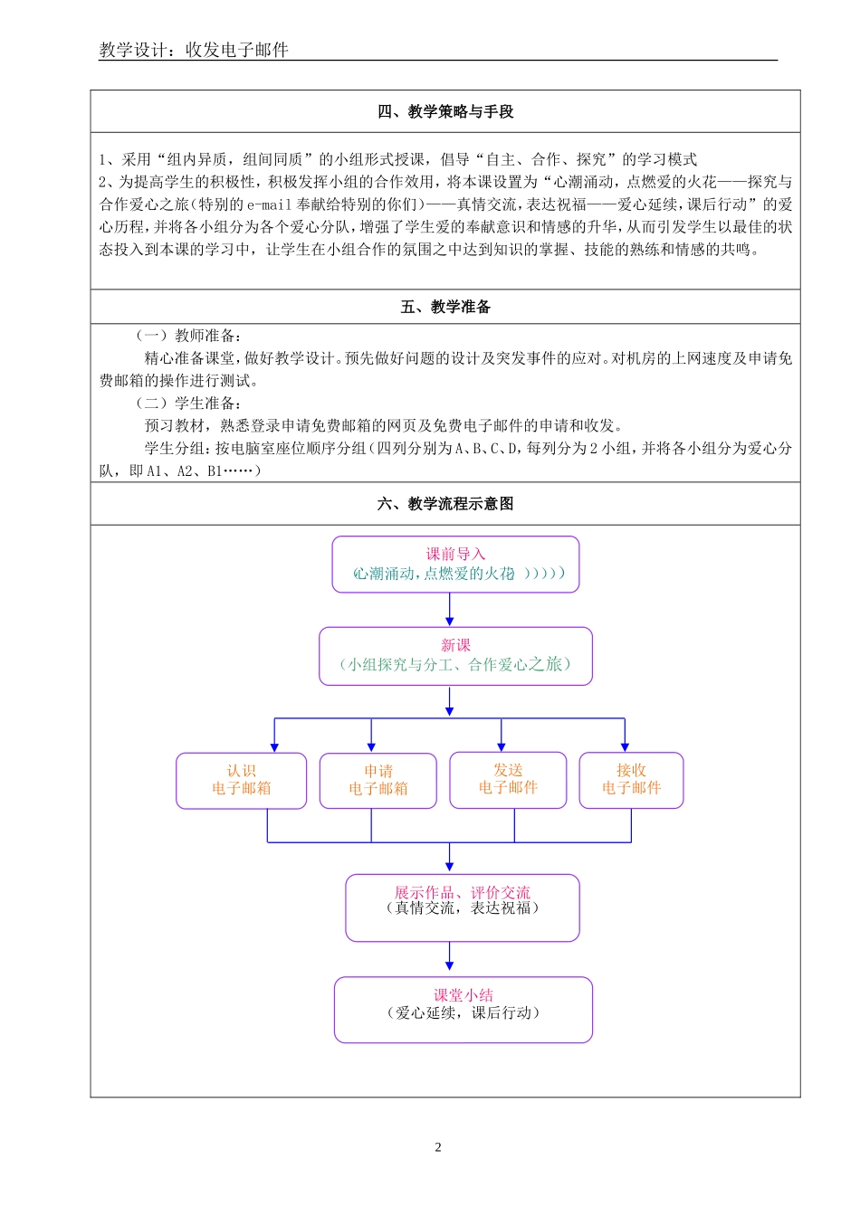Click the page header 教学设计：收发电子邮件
[x=194, y=50]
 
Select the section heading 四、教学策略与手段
[x=445, y=111]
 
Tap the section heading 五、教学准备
[x=445, y=307]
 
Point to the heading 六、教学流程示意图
[x=445, y=504]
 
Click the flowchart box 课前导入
[x=455, y=564]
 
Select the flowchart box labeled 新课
[x=455, y=656]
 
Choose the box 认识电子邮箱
[x=241, y=780]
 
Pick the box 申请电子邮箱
[x=377, y=780]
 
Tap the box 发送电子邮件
[x=508, y=779]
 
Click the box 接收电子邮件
[x=631, y=779]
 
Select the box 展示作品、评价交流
[x=462, y=907]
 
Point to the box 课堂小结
[x=463, y=1009]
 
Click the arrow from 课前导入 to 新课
[x=450, y=610]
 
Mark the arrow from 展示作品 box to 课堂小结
[x=450, y=957]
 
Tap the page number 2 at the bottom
[x=438, y=1147]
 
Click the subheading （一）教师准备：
[x=188, y=336]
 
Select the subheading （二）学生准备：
[x=188, y=404]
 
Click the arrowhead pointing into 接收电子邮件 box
[x=625, y=746]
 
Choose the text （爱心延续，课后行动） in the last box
[x=463, y=1013]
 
